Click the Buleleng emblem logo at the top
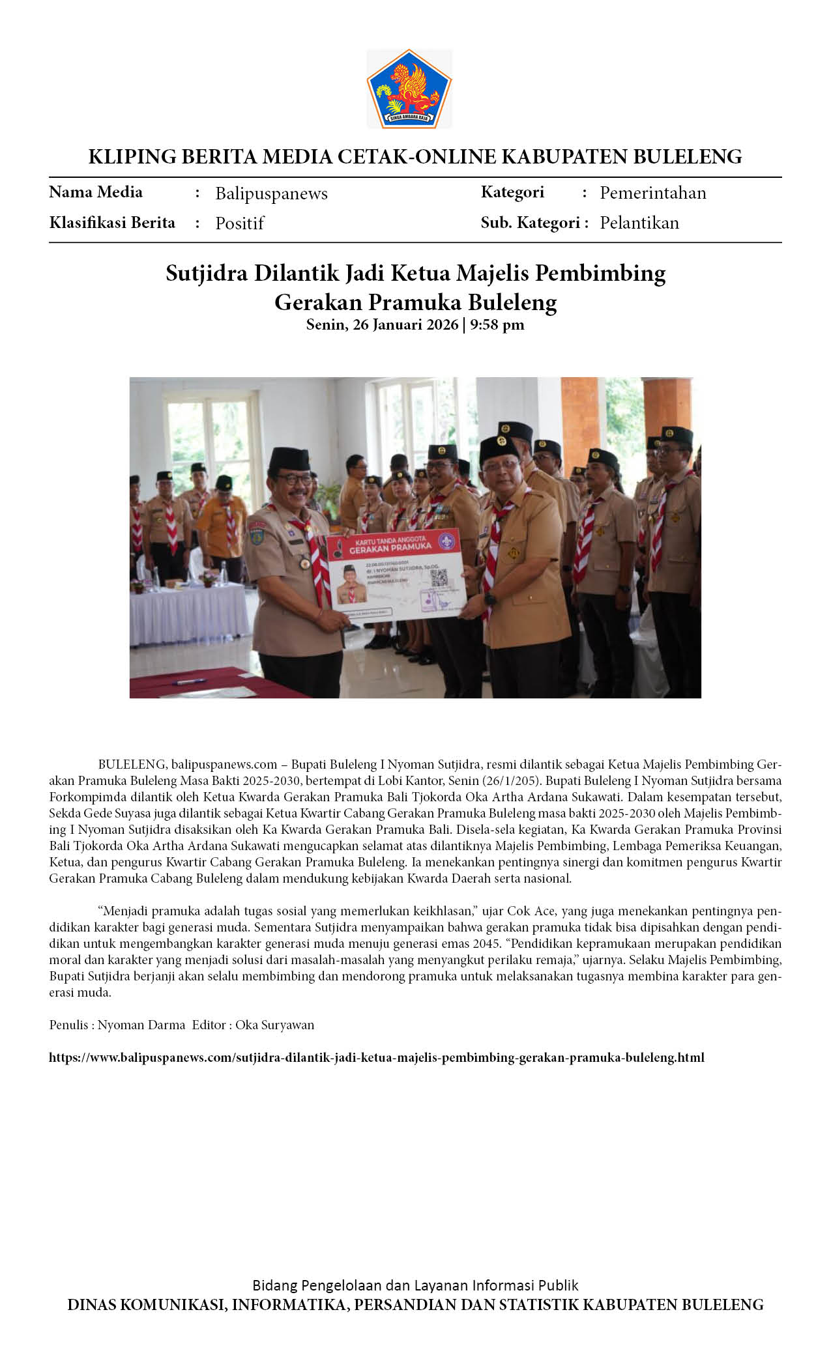click(409, 88)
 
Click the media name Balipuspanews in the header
click(271, 193)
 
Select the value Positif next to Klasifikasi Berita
click(239, 223)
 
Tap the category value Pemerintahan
click(652, 193)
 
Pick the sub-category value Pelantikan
click(639, 223)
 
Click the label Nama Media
click(96, 192)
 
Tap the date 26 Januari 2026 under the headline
click(405, 324)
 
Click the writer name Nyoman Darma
click(141, 1025)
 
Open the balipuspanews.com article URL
click(376, 1057)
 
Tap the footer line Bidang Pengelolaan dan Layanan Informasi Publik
click(415, 1285)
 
